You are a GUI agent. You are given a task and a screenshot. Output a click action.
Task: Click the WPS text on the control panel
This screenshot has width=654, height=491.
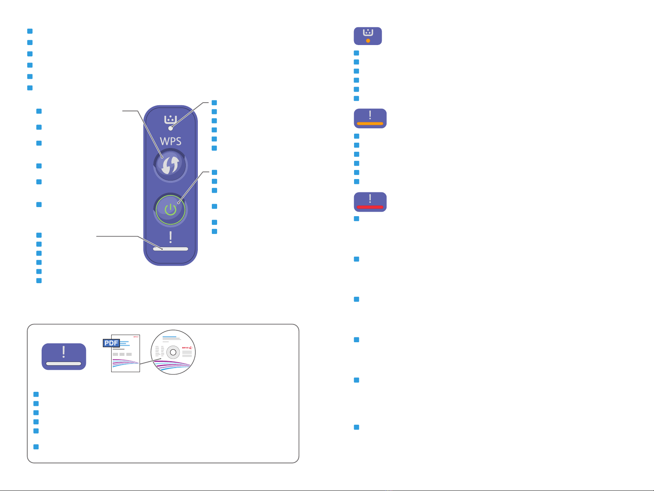[x=171, y=141]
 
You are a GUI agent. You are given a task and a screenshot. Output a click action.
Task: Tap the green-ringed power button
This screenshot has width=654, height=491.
[x=171, y=209]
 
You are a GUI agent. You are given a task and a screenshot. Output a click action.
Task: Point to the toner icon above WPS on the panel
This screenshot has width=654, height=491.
[x=171, y=119]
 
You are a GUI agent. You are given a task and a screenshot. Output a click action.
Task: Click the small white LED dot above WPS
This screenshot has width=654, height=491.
[x=171, y=128]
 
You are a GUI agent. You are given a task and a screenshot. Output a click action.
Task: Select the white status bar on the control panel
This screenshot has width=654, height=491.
[x=171, y=249]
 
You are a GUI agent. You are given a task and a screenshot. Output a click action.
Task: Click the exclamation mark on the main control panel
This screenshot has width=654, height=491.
[x=171, y=237]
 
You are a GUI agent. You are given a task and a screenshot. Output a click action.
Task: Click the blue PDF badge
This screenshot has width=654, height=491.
[x=112, y=343]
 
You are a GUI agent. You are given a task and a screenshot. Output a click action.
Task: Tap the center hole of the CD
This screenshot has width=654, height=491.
[x=173, y=352]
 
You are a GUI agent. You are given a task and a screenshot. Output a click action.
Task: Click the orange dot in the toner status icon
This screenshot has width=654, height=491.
[x=368, y=41]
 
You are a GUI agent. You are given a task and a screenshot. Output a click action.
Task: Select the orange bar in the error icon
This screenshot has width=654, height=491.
[x=370, y=123]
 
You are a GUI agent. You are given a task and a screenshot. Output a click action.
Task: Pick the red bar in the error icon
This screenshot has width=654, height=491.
[x=370, y=207]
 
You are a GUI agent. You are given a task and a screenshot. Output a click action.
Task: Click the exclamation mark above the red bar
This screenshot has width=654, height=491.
[x=370, y=198]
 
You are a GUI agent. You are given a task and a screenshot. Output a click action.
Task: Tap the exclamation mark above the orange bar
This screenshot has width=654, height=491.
[x=370, y=115]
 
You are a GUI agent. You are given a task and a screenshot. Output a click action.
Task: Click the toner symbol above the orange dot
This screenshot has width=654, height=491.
[x=368, y=33]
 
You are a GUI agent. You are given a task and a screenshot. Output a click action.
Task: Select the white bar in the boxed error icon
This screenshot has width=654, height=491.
[x=64, y=363]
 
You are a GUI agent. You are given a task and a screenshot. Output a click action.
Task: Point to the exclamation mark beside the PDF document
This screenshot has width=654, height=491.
[x=64, y=352]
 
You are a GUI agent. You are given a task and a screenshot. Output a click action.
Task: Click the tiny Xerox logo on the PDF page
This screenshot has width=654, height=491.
[x=136, y=337]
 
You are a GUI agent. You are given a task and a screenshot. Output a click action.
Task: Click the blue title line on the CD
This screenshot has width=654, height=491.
[x=169, y=336]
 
